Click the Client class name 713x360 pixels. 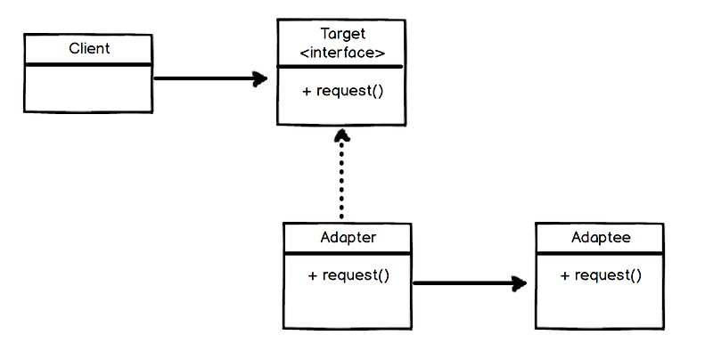(x=89, y=48)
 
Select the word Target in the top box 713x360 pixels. (x=342, y=35)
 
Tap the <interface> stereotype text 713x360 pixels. (x=342, y=53)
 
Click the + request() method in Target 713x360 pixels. (x=342, y=91)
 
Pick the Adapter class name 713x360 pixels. (x=348, y=238)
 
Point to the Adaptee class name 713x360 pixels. (x=600, y=238)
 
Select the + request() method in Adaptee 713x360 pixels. (x=601, y=275)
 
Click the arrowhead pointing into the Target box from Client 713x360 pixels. (x=259, y=78)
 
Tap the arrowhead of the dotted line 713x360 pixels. (x=340, y=137)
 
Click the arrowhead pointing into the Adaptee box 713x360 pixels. (x=518, y=284)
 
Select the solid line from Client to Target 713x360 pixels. (x=205, y=78)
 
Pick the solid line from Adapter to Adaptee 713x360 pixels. (x=463, y=284)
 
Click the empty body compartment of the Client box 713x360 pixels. (x=88, y=88)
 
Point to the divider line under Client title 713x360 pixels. (x=88, y=64)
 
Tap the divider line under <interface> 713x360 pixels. (x=341, y=67)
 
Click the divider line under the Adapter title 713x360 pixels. (x=348, y=253)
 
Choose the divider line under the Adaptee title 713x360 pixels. (x=600, y=253)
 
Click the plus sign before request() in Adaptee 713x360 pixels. (x=565, y=275)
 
